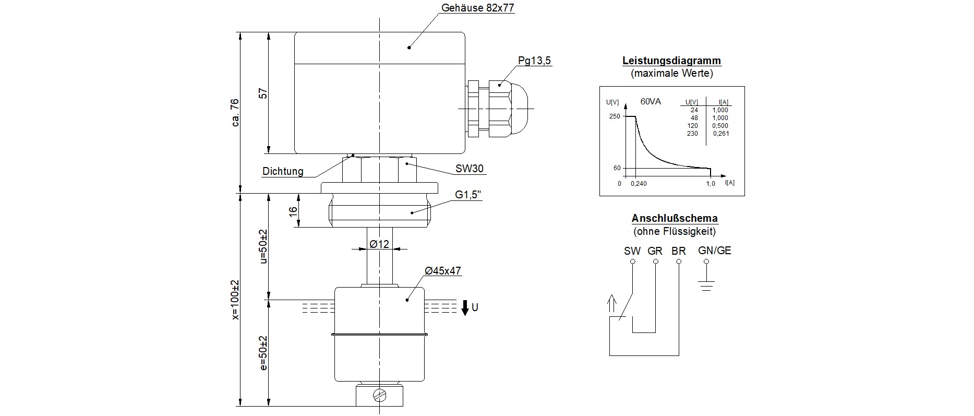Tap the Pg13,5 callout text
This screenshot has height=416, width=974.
[x=534, y=61]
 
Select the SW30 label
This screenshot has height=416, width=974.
[x=469, y=169]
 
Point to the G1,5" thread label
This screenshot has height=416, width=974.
[x=468, y=195]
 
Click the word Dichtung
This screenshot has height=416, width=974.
[x=283, y=171]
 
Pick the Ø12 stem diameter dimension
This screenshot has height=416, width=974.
[x=379, y=244]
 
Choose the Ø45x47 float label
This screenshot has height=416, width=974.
[x=443, y=271]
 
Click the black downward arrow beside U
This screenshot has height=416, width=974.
[x=465, y=307]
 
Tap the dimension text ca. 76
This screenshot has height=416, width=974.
[x=235, y=112]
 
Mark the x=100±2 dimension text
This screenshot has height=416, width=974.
[x=235, y=299]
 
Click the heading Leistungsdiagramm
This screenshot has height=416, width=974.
[x=671, y=61]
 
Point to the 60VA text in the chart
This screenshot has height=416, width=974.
[x=650, y=101]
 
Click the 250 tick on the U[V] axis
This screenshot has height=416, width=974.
[x=615, y=116]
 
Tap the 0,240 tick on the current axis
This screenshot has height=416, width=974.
[x=639, y=184]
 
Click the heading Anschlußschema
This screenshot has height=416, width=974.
[x=674, y=218]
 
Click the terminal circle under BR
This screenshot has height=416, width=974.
[x=679, y=261]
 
